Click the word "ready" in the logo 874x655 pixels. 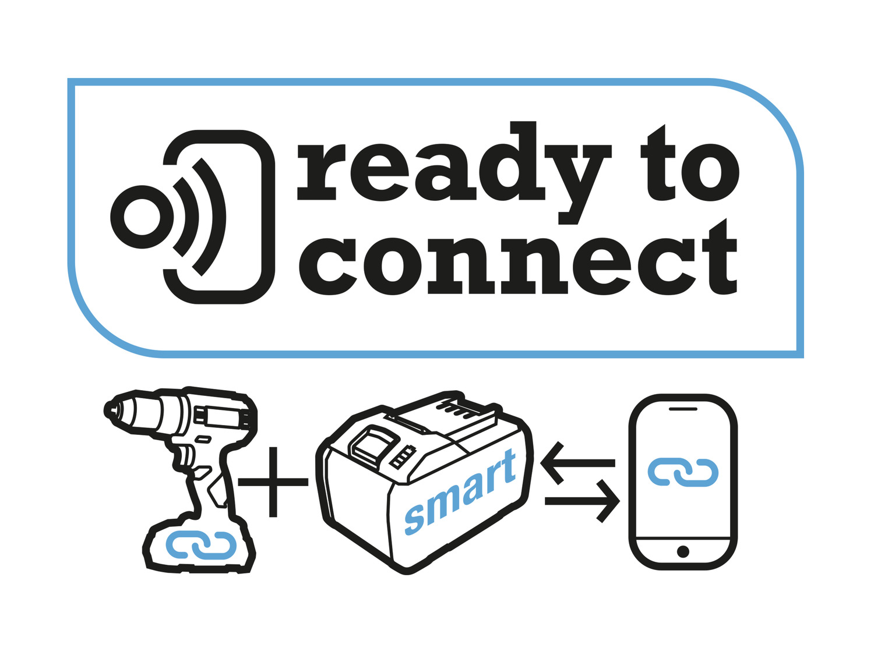pos(454,172)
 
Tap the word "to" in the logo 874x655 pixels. pos(690,163)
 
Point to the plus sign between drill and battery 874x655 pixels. pos(273,482)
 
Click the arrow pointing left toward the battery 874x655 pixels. pos(577,463)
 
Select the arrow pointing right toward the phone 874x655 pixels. pos(582,501)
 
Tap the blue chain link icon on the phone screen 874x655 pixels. pos(683,472)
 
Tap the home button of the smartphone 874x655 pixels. pos(683,551)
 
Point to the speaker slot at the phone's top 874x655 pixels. pos(683,409)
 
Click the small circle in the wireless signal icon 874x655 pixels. pos(142,217)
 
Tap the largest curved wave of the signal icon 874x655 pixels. pos(209,217)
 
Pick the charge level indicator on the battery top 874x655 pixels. pos(403,457)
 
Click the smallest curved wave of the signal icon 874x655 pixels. pos(185,217)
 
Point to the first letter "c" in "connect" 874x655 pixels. pos(328,267)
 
